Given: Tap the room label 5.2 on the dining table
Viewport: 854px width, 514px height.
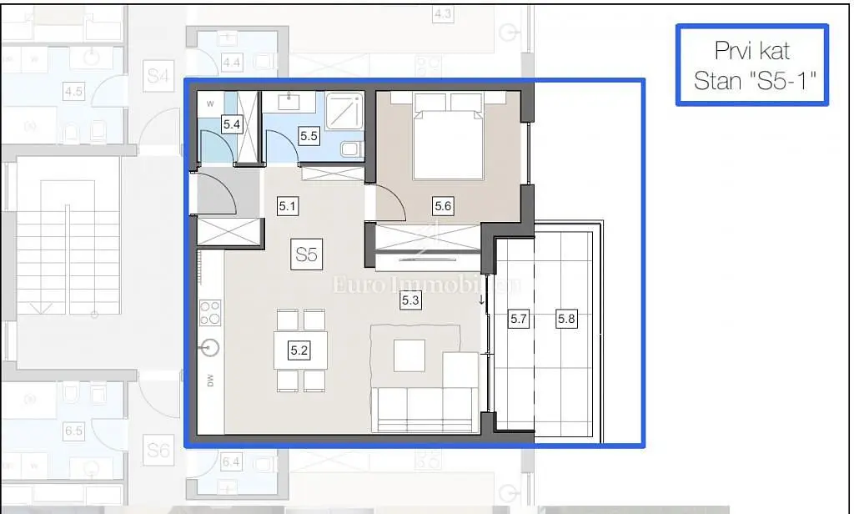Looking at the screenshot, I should (299, 351).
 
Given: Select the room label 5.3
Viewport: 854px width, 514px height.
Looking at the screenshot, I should (410, 300).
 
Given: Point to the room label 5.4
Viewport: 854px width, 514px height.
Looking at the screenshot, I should (232, 124).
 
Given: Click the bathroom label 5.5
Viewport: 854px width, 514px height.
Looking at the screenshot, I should (309, 135).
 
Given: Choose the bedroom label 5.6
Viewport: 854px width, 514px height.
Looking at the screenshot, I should (443, 205).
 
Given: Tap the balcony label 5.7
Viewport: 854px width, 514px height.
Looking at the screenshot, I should (519, 318).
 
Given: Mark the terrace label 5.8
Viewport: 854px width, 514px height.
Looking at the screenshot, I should (566, 318).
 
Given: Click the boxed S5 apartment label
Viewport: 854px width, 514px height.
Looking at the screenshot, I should (306, 254).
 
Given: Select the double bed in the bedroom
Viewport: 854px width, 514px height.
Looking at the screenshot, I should (448, 138).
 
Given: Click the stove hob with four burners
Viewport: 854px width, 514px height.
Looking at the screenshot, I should (210, 313).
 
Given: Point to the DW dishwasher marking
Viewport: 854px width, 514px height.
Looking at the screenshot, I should (210, 381).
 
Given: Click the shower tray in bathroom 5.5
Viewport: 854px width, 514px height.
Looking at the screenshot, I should (345, 110).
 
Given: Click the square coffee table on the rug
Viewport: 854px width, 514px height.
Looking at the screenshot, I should (409, 355).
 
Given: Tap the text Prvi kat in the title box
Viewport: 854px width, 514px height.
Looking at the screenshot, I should (751, 53).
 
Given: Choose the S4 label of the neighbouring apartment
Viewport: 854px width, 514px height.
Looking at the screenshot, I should (157, 77).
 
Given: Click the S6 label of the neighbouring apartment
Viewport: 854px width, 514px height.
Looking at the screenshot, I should (158, 451).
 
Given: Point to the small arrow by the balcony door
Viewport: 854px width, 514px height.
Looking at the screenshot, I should (482, 299).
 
